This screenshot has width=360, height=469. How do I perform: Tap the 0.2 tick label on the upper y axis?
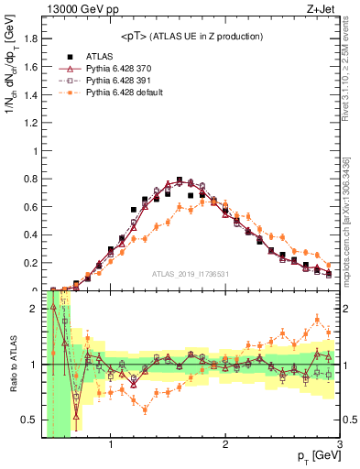click(x=30, y=263)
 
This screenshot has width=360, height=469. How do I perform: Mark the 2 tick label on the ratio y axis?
click(x=35, y=309)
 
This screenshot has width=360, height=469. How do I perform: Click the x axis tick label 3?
click(x=338, y=446)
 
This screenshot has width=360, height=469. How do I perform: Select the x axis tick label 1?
click(x=110, y=446)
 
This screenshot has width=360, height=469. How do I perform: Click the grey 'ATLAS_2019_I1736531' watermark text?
click(x=190, y=273)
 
